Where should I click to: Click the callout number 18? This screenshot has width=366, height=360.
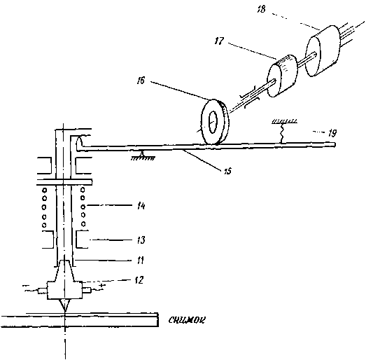[262, 9]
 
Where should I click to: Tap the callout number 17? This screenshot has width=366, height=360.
[219, 41]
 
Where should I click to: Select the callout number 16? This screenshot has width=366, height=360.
[141, 81]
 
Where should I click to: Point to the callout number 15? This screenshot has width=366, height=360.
[227, 171]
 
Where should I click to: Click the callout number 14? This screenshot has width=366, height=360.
[141, 206]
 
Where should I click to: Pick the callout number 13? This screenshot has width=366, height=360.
[141, 240]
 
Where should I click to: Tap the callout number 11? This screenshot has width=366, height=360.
[140, 260]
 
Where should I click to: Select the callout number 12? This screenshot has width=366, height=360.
[139, 280]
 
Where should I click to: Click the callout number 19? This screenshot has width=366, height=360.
[332, 133]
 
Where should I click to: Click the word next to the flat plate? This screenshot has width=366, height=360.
[187, 320]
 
